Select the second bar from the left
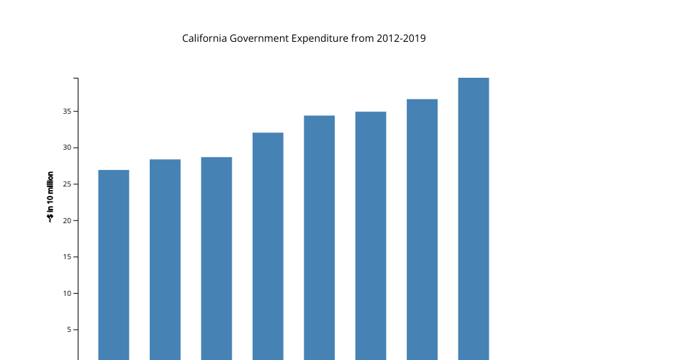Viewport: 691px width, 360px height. pyautogui.click(x=165, y=259)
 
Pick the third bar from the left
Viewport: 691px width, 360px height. pyautogui.click(x=217, y=258)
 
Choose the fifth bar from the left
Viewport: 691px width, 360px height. pyautogui.click(x=319, y=238)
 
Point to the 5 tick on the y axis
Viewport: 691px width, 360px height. pyautogui.click(x=68, y=330)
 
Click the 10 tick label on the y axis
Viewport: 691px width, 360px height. pyautogui.click(x=66, y=293)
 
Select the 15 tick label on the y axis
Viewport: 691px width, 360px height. pyautogui.click(x=66, y=257)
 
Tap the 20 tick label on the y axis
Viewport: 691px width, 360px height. pyautogui.click(x=66, y=220)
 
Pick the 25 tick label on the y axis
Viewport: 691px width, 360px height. pyautogui.click(x=66, y=184)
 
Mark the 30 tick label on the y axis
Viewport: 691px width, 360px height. pyautogui.click(x=66, y=148)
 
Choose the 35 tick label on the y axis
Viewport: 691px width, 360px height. pyautogui.click(x=66, y=112)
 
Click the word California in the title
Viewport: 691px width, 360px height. pyautogui.click(x=204, y=38)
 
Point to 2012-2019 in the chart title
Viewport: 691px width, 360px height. pyautogui.click(x=402, y=38)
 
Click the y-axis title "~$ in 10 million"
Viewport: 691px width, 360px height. pyautogui.click(x=50, y=197)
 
